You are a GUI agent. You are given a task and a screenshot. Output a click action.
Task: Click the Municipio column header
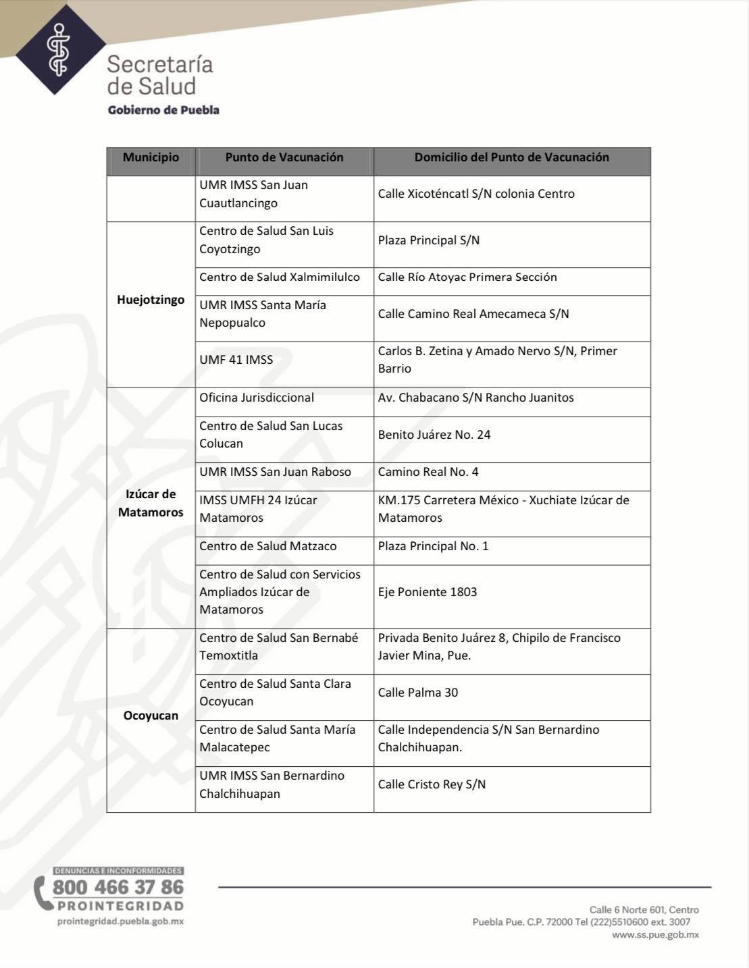151,157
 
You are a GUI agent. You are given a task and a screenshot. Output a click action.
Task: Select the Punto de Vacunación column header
284,157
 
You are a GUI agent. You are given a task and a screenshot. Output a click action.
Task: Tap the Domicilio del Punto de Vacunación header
511,157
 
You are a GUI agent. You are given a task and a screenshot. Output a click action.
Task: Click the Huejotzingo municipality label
151,300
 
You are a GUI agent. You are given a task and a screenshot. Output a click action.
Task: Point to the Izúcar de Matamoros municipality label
151,503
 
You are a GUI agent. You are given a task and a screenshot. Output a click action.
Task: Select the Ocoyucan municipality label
151,716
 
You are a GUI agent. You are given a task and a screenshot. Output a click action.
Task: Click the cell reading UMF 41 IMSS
236,360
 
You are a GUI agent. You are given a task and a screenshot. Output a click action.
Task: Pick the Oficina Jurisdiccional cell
257,398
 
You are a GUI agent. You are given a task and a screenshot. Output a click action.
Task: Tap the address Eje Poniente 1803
428,592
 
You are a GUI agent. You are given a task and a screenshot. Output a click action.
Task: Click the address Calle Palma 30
418,693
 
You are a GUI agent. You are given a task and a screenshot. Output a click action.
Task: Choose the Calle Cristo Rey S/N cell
432,784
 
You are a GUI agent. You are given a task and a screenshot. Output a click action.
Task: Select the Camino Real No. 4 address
428,472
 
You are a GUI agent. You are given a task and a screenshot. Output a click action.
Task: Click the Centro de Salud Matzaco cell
267,546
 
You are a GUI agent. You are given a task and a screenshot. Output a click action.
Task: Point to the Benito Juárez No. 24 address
434,435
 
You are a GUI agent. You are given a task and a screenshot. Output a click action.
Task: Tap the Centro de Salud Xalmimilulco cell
280,277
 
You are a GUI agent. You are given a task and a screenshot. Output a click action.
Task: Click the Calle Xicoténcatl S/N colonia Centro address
476,194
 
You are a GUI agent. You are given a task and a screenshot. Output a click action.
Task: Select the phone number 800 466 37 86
118,886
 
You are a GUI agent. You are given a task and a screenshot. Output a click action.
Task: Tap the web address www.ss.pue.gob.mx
655,935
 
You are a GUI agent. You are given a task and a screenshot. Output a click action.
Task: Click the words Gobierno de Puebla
163,110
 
